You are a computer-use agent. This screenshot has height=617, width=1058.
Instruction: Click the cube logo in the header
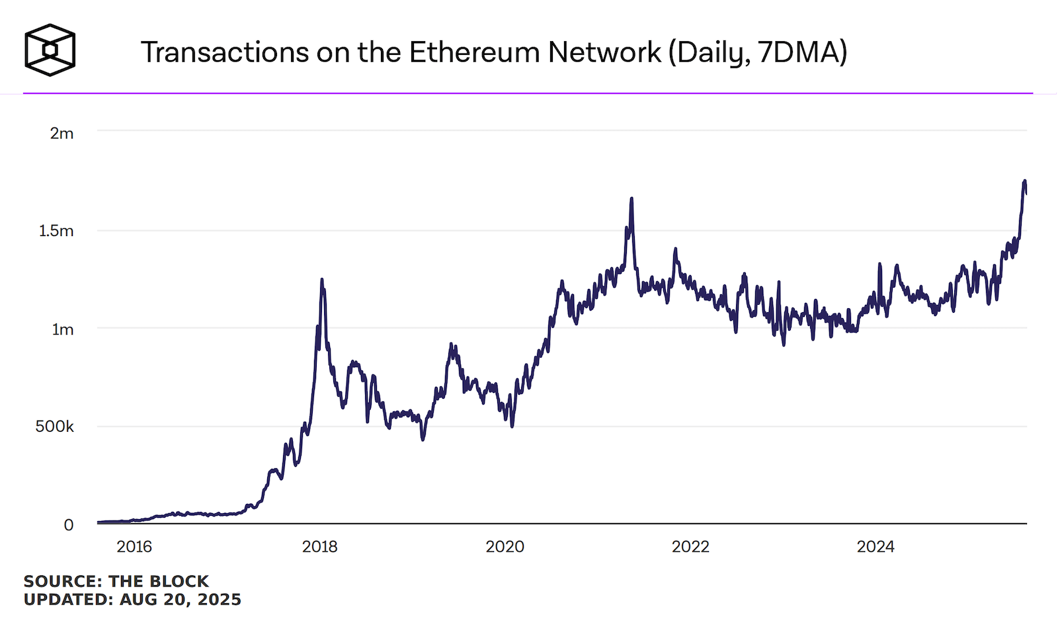coord(50,50)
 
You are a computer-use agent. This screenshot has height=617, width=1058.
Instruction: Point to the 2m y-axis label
coord(61,134)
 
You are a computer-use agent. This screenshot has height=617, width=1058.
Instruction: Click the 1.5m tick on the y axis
coord(56,231)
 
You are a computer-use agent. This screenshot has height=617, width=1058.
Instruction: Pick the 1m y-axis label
coord(63,329)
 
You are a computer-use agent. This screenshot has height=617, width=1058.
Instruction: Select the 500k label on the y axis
coord(54,427)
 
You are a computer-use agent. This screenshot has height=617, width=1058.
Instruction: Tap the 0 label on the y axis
coord(68,525)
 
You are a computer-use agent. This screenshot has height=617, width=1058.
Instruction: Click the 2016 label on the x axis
coord(134,547)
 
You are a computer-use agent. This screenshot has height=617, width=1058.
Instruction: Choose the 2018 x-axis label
coord(319,547)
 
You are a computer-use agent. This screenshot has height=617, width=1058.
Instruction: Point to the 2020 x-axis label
coord(505,547)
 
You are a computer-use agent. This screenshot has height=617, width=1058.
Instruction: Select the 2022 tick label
coord(690,547)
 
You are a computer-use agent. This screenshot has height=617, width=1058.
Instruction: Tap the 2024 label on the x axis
coord(875,547)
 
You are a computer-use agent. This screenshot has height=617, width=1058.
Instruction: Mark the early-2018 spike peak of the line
coord(322,280)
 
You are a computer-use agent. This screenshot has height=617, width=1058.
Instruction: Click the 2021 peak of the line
coord(631,198)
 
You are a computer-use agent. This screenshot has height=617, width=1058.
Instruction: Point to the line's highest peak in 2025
coord(1024,181)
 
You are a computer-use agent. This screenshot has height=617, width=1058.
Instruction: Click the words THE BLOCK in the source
coord(159,581)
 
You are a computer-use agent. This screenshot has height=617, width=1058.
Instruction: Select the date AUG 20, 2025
coord(180,600)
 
